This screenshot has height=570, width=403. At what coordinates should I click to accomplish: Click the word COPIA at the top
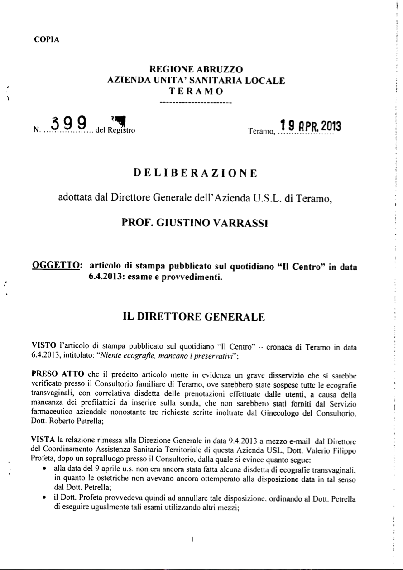(47, 39)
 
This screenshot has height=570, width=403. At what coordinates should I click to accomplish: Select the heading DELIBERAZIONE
(196, 173)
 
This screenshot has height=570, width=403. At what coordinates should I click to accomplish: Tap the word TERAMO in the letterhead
(196, 91)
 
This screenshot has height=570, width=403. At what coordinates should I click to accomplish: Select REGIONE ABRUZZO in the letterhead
(196, 70)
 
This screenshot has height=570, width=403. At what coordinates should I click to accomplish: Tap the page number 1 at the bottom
(193, 539)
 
